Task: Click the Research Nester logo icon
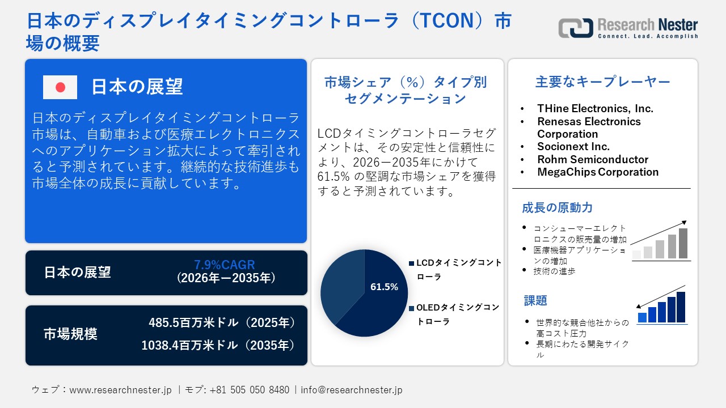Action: point(576,28)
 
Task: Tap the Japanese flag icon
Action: point(60,87)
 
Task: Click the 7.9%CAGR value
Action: point(225,265)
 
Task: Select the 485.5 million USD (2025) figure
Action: point(222,323)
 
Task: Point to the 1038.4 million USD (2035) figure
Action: point(218,345)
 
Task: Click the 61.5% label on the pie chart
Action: point(384,287)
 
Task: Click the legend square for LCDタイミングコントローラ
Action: point(411,263)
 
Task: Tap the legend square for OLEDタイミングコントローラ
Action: point(411,308)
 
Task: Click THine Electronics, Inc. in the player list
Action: point(595,109)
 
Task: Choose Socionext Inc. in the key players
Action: point(573,147)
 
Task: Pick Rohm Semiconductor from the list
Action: point(593,159)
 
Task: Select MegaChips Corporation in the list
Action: point(598,172)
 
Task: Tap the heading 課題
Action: point(535,300)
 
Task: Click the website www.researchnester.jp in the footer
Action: point(120,390)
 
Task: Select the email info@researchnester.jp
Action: point(352,390)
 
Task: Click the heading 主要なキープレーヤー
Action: point(602,82)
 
